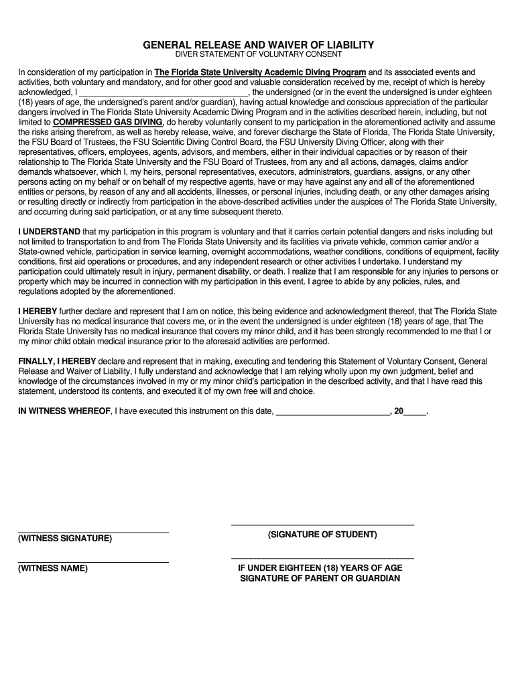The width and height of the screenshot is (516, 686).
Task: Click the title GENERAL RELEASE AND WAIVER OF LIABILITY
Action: coord(258,45)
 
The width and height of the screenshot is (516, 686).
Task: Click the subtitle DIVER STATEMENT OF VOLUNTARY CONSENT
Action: coord(258,54)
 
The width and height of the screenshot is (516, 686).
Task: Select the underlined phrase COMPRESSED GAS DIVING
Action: coord(107,123)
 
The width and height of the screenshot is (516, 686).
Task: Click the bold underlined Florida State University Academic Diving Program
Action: coord(260,72)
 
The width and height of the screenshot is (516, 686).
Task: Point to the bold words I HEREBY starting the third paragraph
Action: coord(38,312)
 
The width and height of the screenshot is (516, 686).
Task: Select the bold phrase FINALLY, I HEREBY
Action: coord(57,361)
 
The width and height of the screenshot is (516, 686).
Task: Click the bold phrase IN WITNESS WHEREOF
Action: coord(64,411)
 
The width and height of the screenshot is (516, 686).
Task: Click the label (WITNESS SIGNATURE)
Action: coord(65,539)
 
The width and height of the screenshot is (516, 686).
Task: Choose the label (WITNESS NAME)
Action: coord(53,568)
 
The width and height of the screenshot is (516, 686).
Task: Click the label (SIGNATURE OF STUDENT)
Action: coord(322,535)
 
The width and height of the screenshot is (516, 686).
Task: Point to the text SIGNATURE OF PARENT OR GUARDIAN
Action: coord(320,578)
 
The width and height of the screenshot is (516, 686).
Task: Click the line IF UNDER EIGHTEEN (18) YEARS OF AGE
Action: coord(320,568)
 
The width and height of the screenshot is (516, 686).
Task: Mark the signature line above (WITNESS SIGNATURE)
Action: coord(93,532)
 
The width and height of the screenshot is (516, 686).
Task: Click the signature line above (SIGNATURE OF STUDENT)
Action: coord(322,525)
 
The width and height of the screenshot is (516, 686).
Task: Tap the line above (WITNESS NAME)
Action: coord(93,562)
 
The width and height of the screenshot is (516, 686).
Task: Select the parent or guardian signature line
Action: coord(322,558)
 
